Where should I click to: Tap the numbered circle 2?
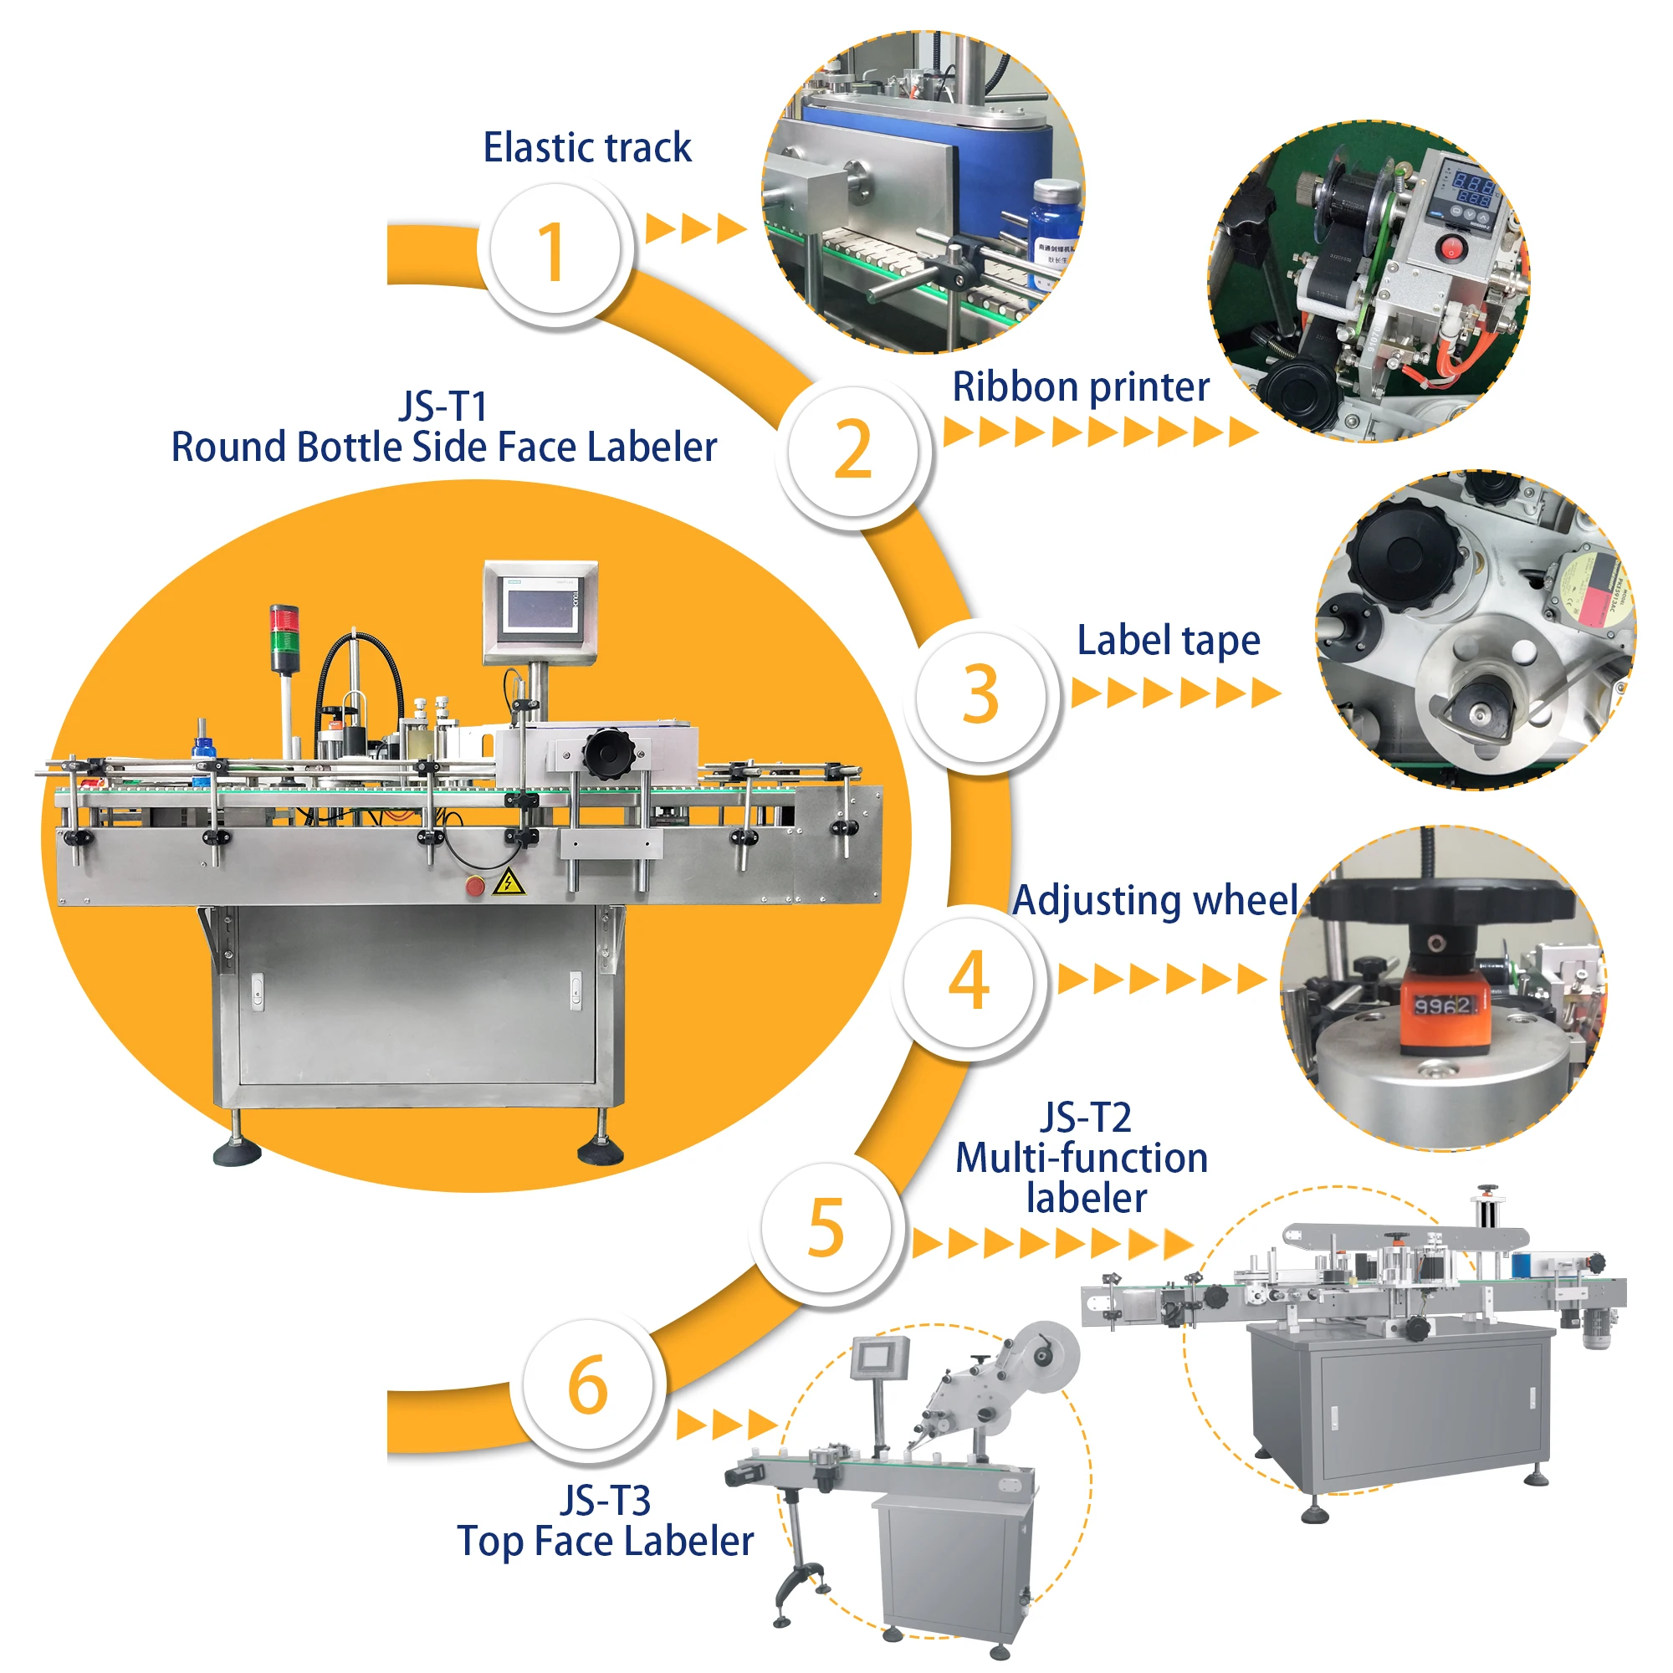852,450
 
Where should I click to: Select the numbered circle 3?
980,694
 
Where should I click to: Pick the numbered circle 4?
968,980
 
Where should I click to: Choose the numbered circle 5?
826,1228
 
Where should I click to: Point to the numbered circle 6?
588,1385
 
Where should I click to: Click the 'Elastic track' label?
587,147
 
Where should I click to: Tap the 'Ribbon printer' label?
1081,386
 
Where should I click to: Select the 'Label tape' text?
1168,641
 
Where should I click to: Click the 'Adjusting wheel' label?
1155,901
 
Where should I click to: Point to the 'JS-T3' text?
605,1501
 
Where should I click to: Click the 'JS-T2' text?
1086,1117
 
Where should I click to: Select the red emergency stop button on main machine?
474,886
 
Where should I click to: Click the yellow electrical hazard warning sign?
508,883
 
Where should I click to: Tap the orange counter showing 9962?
1443,1007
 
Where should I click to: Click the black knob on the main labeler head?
608,752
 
